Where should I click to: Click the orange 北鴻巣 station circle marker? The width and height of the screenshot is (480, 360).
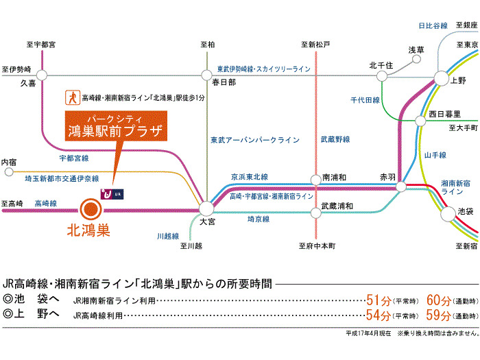[90, 208]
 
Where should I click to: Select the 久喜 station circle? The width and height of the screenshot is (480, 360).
[42, 75]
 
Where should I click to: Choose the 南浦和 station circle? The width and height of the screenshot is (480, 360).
[315, 180]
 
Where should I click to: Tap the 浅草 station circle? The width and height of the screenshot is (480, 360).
[417, 60]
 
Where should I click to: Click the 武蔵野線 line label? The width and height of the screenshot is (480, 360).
[335, 140]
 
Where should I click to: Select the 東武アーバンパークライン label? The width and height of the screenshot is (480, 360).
[254, 140]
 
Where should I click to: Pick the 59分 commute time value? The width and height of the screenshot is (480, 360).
[438, 315]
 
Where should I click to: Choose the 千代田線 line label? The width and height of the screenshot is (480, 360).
[365, 100]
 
